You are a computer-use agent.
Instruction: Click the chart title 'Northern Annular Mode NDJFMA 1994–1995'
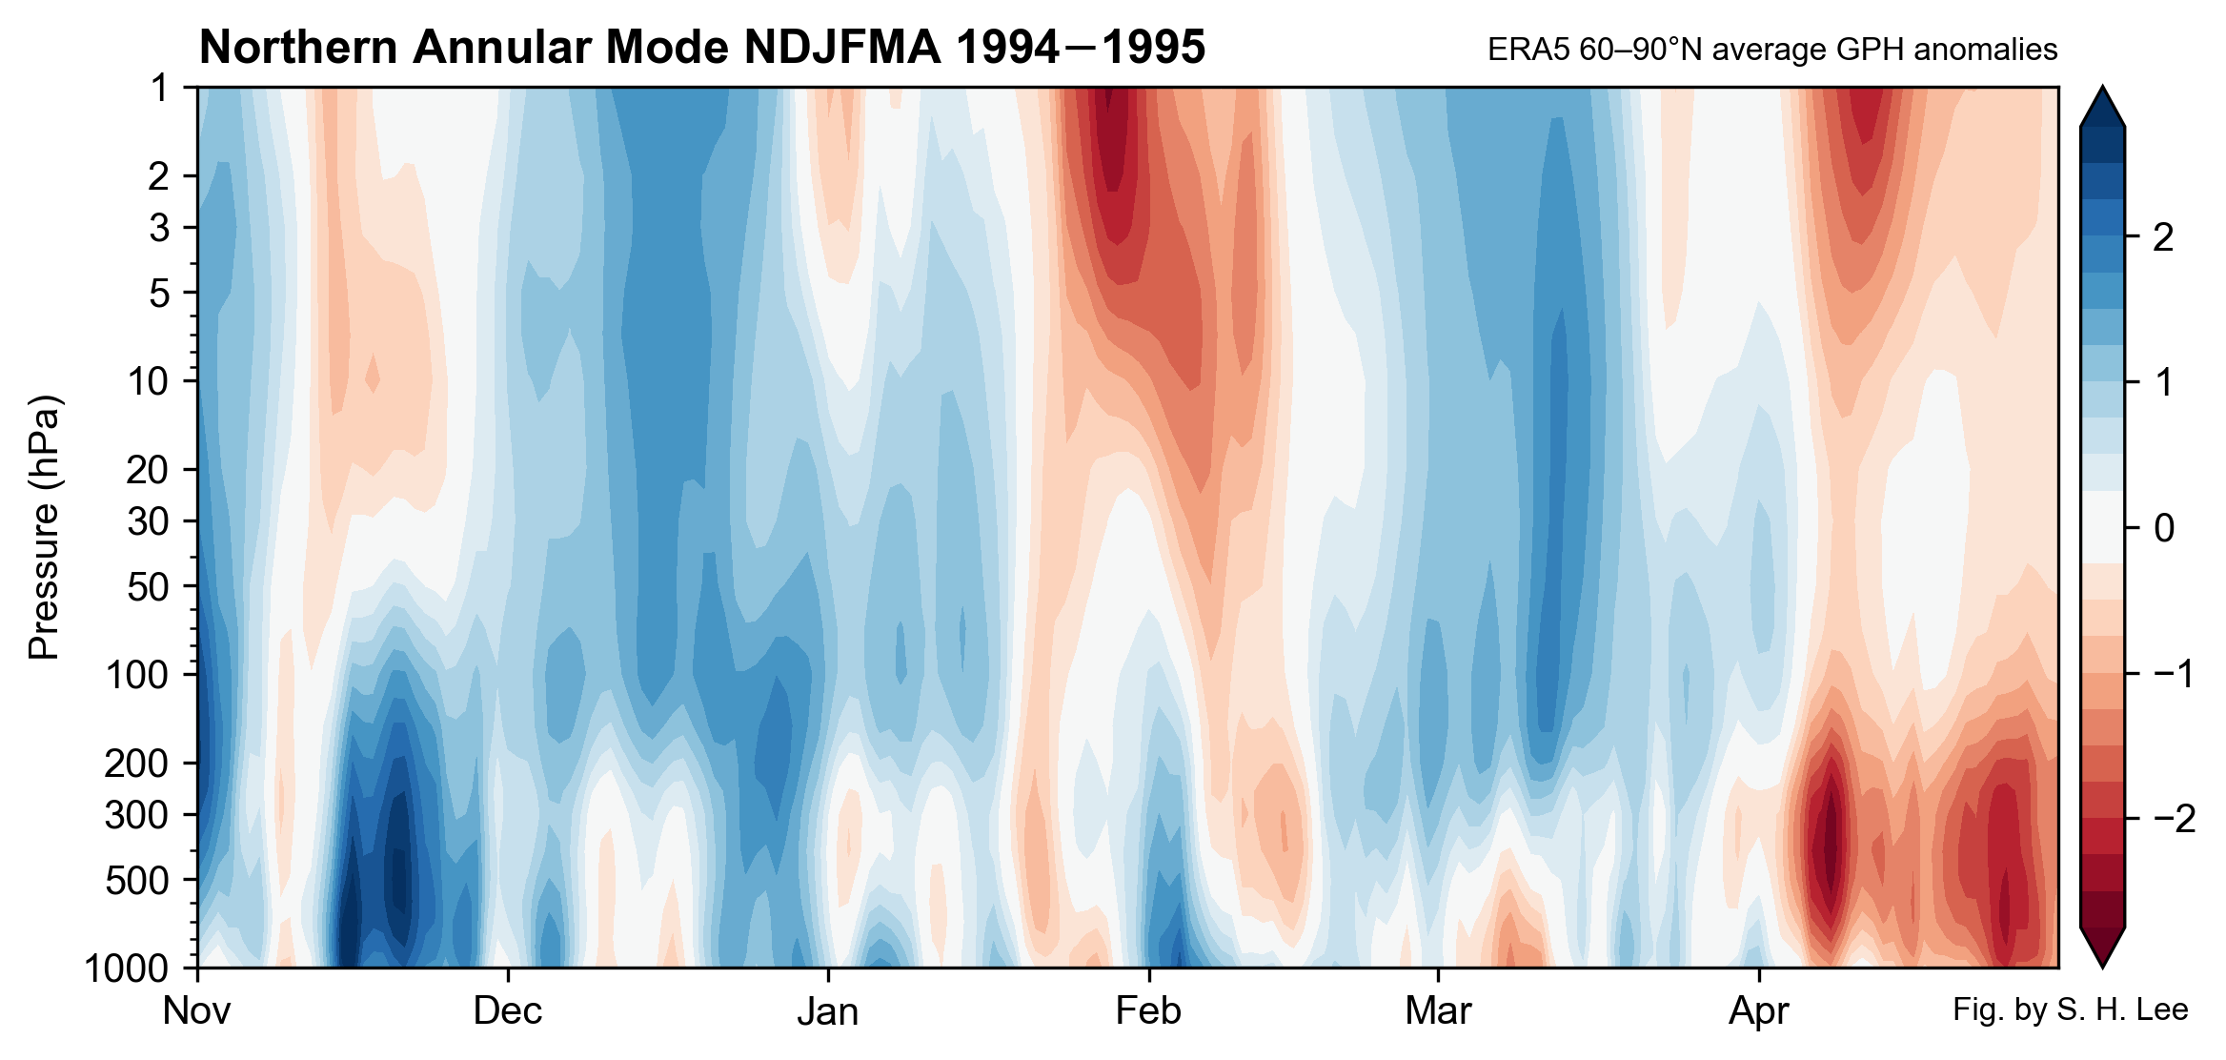pos(702,48)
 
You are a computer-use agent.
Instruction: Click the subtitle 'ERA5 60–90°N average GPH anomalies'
pos(1771,50)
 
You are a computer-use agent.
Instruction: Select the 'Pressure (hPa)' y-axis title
pos(44,527)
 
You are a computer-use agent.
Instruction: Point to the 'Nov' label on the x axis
pos(196,1011)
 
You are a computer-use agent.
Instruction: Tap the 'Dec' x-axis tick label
pos(508,1011)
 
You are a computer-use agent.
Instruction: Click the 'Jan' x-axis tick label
pos(827,1011)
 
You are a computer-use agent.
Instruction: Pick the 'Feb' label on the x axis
pos(1148,1011)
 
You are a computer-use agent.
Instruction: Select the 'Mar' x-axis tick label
pos(1438,1011)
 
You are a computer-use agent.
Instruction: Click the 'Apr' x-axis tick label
pos(1758,1011)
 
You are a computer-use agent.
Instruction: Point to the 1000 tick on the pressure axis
pos(127,968)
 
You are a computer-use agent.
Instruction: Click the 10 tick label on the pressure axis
pos(148,381)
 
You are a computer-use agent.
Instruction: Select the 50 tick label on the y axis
pos(148,587)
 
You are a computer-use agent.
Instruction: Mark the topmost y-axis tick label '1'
pos(159,89)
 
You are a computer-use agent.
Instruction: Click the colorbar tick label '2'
pos(2163,237)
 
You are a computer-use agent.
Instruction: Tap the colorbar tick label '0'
pos(2163,528)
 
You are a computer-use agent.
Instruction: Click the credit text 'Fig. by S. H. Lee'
pos(2070,1009)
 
